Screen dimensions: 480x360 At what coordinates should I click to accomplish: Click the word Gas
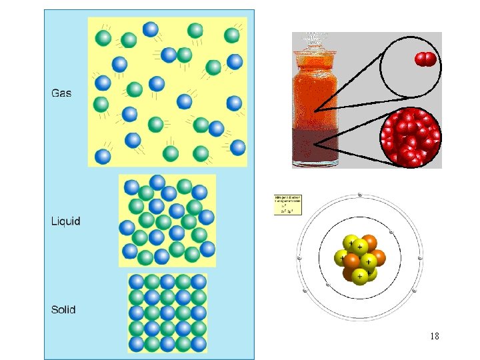(x=61, y=93)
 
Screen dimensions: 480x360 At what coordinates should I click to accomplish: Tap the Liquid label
(x=66, y=221)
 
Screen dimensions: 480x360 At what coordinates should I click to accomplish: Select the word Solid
(x=64, y=309)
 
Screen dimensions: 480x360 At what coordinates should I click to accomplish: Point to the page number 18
(x=434, y=336)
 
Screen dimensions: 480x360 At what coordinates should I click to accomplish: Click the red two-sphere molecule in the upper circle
(x=425, y=60)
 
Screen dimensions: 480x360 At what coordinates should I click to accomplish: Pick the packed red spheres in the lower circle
(x=410, y=137)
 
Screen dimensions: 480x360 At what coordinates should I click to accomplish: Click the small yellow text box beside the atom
(x=289, y=205)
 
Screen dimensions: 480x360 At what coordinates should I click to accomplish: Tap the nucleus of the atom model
(x=360, y=257)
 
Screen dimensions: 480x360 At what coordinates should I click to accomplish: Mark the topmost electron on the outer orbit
(x=360, y=195)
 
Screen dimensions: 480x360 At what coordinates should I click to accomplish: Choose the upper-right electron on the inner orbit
(x=391, y=232)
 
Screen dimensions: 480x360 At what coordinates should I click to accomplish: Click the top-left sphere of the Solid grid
(x=137, y=282)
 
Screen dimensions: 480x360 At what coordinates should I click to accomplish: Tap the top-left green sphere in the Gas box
(x=103, y=38)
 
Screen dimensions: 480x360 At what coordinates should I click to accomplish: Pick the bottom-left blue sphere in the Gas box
(x=103, y=156)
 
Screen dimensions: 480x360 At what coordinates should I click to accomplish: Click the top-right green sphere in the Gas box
(x=232, y=35)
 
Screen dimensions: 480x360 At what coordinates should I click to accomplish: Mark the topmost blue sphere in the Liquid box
(x=157, y=181)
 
